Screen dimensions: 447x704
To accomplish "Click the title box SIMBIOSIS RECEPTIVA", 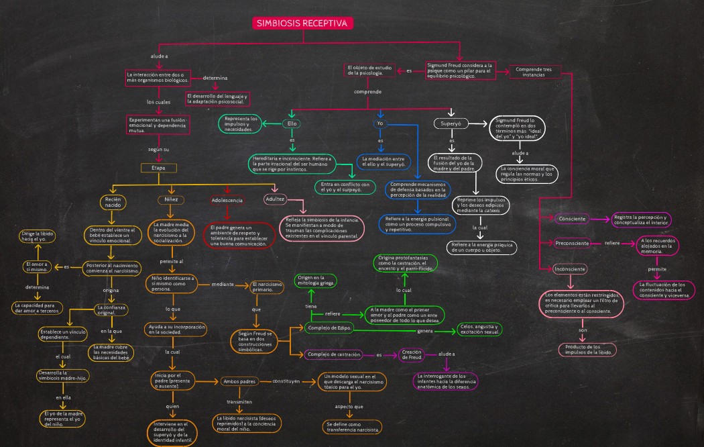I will pyautogui.click(x=303, y=23).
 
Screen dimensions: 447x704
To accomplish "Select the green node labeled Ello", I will pyautogui.click(x=292, y=123).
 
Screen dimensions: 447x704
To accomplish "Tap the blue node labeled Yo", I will pyautogui.click(x=380, y=123).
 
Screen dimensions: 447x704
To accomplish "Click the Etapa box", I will pyautogui.click(x=158, y=167).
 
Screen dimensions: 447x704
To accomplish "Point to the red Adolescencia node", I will pyautogui.click(x=227, y=200).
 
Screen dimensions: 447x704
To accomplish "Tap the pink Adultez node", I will pyautogui.click(x=276, y=199).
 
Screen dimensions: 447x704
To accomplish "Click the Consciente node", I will pyautogui.click(x=572, y=219).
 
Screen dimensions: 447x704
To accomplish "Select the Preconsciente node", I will pyautogui.click(x=573, y=243).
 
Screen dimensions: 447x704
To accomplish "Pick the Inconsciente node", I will pyautogui.click(x=570, y=268).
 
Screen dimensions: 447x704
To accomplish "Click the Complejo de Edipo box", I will pyautogui.click(x=329, y=328).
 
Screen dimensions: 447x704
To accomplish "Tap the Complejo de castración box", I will pyautogui.click(x=334, y=354).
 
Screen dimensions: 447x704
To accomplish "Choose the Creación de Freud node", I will pyautogui.click(x=410, y=354).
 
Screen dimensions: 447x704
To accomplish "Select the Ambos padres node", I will pyautogui.click(x=239, y=381).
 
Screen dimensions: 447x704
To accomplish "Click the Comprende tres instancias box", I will pyautogui.click(x=538, y=72).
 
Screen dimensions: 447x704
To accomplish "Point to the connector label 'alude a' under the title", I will pyautogui.click(x=159, y=56).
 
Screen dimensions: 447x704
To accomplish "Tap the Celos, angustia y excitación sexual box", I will pyautogui.click(x=479, y=329).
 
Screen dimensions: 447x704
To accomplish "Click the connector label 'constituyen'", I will pyautogui.click(x=286, y=381).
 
